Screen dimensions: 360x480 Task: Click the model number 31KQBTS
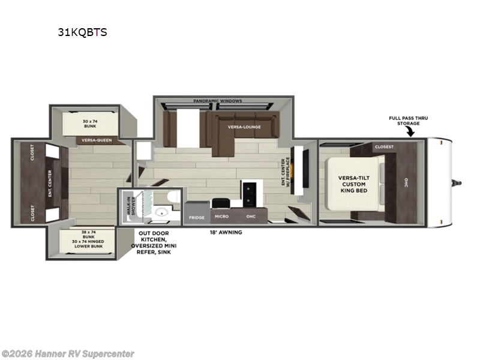pyautogui.click(x=82, y=32)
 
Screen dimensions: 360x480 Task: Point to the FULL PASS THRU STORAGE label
pyautogui.click(x=408, y=121)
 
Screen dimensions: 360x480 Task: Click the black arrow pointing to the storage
pyautogui.click(x=412, y=132)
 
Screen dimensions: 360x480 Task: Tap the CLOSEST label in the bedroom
pyautogui.click(x=384, y=146)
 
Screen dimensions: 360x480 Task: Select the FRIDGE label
pyautogui.click(x=196, y=217)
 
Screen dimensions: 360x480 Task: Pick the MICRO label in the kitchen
pyautogui.click(x=221, y=217)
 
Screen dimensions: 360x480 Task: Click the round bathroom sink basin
pyautogui.click(x=160, y=213)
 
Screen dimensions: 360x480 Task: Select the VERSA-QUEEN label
pyautogui.click(x=95, y=141)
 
